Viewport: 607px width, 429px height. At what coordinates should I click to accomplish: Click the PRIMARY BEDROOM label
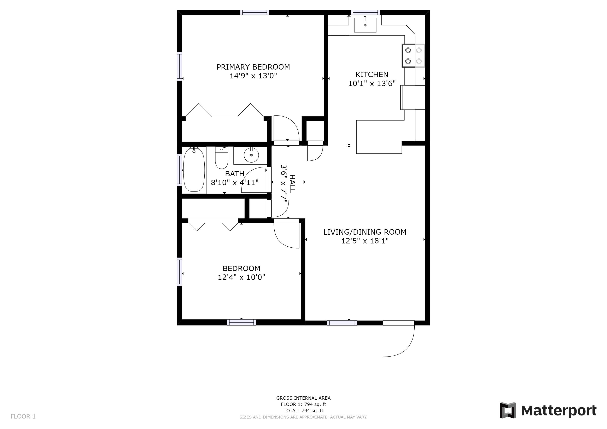253,67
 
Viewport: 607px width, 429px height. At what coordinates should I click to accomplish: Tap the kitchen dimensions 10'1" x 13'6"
372,84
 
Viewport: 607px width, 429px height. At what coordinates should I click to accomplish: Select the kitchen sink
365,25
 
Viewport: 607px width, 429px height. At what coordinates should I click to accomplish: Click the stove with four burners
413,55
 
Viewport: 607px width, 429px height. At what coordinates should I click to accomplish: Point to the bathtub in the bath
194,170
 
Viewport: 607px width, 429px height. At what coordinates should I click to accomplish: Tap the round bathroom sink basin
251,155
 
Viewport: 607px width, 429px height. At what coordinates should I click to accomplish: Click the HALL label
292,183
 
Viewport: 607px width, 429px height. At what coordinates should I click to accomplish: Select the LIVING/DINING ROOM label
365,232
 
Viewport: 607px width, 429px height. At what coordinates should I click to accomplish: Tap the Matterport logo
548,411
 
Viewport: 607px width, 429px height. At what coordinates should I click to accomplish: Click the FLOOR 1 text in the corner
23,417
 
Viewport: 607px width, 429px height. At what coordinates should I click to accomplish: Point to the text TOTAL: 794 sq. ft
303,411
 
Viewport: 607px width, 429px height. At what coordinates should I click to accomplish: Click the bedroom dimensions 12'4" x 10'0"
241,277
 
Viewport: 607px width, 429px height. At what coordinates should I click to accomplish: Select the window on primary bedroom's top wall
255,12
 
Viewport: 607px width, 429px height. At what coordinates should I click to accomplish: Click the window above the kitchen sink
365,12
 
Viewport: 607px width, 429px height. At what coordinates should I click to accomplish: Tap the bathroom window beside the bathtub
179,170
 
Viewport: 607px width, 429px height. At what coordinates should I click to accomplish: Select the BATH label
235,174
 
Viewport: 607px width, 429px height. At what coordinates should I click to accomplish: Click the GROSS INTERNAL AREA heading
303,398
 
